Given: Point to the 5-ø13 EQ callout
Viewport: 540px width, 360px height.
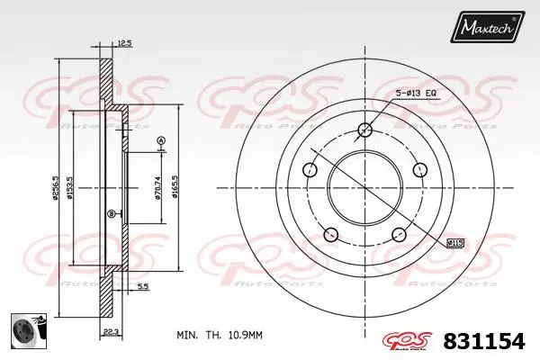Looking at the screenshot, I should (419, 94).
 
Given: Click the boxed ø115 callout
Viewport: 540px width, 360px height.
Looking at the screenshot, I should (456, 241).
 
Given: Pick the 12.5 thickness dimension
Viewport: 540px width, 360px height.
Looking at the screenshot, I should (124, 43).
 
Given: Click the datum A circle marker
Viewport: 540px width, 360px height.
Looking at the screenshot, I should (161, 139).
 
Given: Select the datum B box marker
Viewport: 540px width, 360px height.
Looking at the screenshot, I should (111, 213).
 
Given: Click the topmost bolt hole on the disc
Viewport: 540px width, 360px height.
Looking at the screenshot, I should (364, 130).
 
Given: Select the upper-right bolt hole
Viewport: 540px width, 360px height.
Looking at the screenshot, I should (418, 169).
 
